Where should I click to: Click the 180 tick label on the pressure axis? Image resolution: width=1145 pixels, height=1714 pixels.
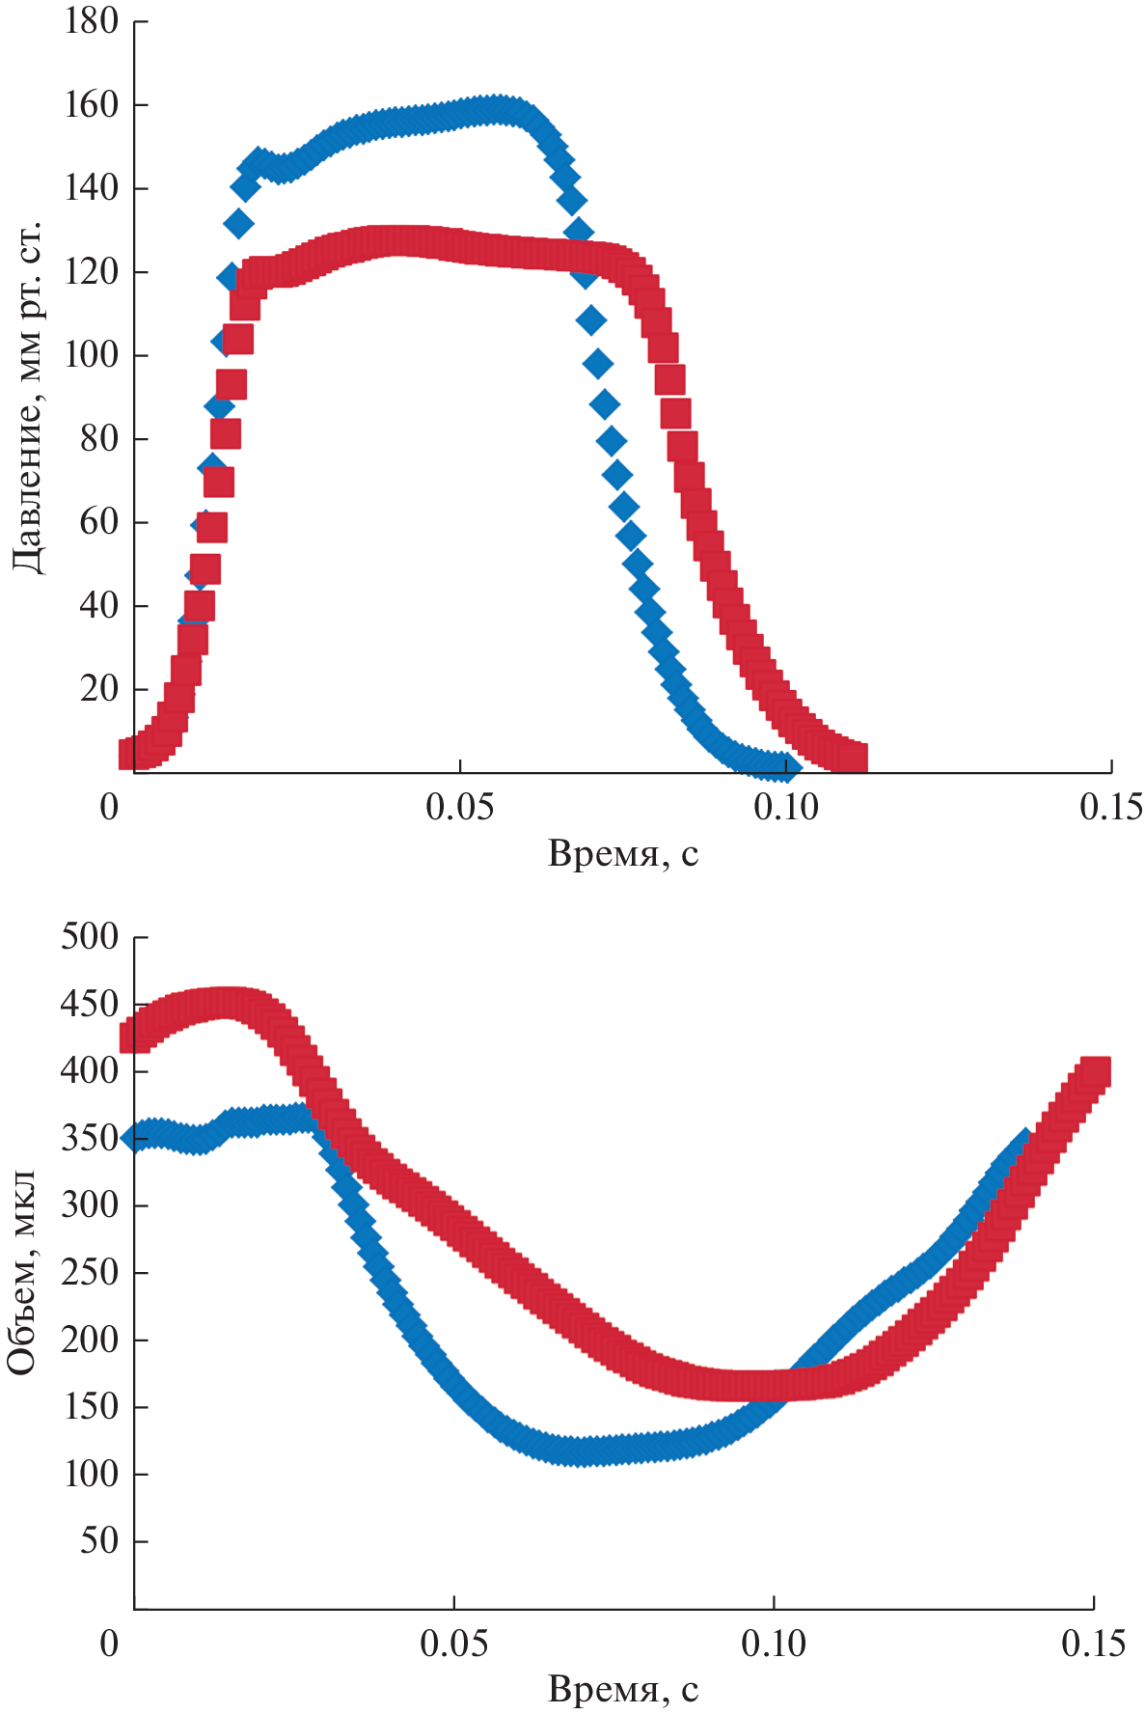tap(91, 21)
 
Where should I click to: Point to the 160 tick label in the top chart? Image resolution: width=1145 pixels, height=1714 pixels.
tap(91, 104)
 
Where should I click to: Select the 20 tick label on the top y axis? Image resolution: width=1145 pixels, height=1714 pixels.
tap(99, 689)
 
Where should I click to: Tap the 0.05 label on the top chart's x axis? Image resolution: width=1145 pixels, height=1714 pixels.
tap(460, 807)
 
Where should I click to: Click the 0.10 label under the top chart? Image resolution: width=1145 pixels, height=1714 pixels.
tap(786, 807)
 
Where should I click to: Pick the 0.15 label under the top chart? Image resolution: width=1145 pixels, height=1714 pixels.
tap(1110, 807)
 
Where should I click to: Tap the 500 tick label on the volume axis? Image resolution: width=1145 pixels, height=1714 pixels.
tap(91, 936)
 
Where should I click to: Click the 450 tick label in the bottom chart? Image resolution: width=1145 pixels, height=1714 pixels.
tap(91, 1004)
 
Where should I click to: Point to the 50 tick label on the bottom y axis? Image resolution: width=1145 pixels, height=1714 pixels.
tap(99, 1540)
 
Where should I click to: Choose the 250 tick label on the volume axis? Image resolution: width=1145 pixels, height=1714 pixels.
tap(91, 1272)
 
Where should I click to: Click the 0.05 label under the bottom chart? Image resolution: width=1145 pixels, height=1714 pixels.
tap(453, 1644)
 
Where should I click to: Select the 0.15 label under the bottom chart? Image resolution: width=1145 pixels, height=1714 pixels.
tap(1093, 1644)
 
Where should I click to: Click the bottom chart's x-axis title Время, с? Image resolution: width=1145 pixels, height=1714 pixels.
tap(622, 1690)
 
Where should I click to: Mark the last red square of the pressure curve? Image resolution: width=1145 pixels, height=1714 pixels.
tap(853, 758)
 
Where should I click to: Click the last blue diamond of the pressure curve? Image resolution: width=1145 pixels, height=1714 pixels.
tap(787, 767)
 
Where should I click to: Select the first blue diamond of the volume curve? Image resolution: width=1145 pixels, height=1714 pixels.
tap(135, 1138)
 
